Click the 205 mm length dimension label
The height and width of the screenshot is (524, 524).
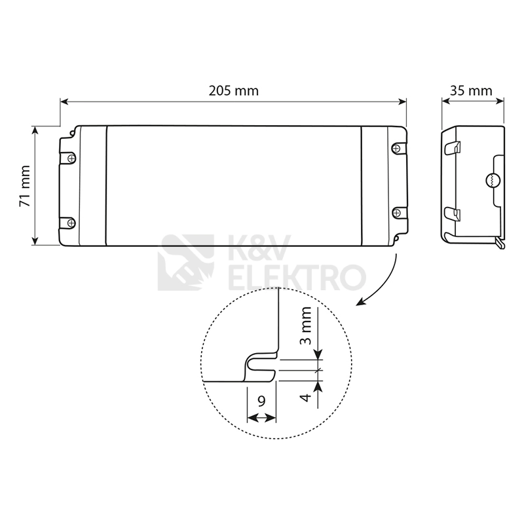(234, 91)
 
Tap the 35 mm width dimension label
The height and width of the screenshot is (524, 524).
(471, 91)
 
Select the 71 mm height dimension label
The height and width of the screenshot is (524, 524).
(25, 186)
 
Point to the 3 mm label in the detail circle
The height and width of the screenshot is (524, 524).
(305, 326)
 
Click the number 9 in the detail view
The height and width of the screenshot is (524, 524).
(261, 401)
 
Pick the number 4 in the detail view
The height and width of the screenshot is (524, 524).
(305, 398)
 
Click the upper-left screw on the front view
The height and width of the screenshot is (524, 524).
(71, 158)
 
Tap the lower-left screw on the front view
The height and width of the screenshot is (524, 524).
(71, 223)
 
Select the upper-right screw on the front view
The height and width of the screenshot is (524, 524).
(396, 148)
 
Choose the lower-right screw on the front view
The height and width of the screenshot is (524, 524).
(397, 212)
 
